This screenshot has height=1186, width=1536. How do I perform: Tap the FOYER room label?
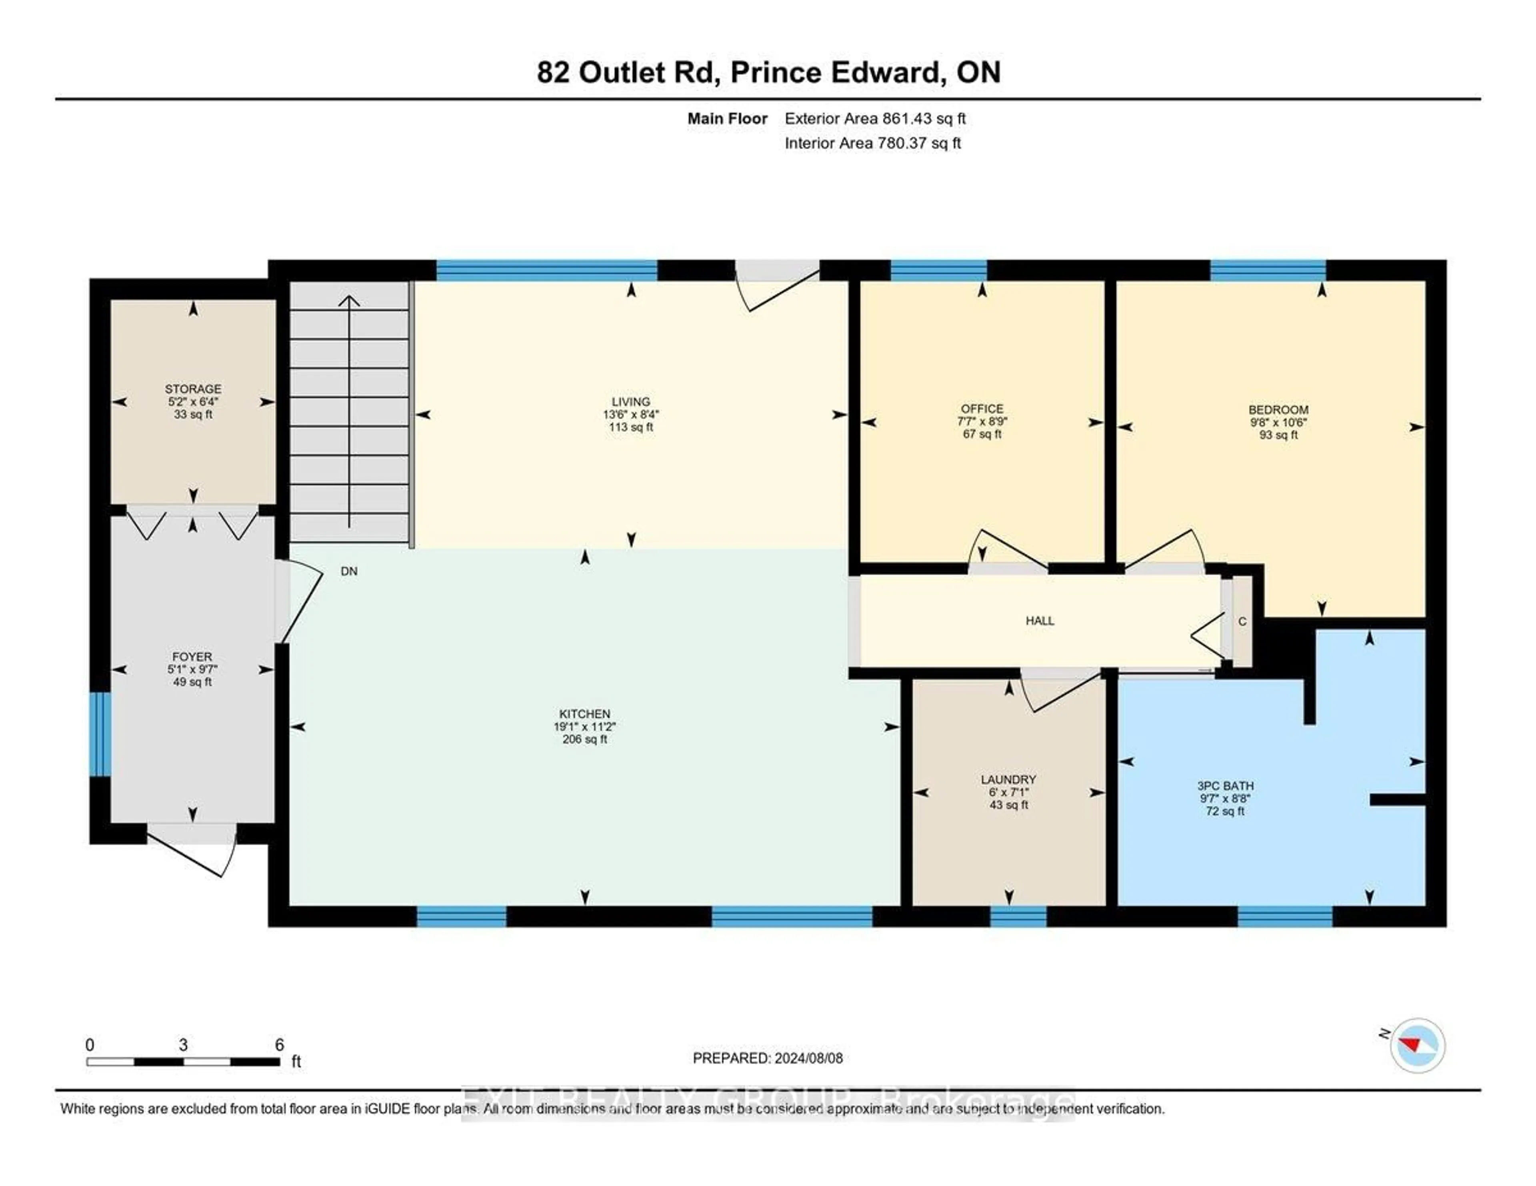[x=192, y=657]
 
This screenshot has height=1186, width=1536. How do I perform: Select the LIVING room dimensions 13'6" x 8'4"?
[x=631, y=415]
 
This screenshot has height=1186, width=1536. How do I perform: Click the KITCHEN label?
[x=584, y=714]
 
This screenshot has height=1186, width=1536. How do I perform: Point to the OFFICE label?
[x=982, y=408]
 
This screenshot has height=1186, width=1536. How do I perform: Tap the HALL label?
[x=1040, y=621]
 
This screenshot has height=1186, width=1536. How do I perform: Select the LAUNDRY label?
[x=1008, y=780]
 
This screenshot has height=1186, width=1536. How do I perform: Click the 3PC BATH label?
[x=1225, y=786]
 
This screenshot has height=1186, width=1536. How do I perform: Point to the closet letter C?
[x=1242, y=621]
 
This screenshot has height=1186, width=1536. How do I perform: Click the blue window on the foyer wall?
[x=100, y=734]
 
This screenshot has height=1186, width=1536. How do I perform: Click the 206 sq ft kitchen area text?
[x=584, y=740]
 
